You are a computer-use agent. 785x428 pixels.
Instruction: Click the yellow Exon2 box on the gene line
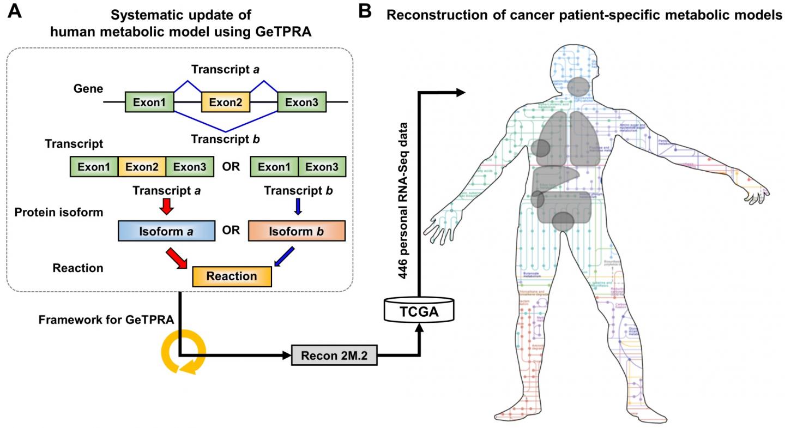click(x=225, y=102)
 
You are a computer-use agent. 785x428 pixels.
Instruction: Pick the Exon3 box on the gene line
click(x=301, y=102)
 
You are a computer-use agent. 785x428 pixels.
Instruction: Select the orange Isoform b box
click(x=297, y=231)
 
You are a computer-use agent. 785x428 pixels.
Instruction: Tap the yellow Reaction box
click(x=232, y=276)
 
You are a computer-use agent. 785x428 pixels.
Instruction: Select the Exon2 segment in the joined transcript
click(x=141, y=166)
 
